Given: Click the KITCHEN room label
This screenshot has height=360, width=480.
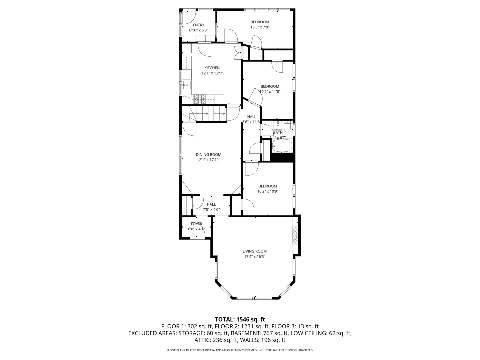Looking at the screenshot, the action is pos(212,68).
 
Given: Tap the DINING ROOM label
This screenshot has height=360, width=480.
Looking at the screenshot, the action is pos(208,155).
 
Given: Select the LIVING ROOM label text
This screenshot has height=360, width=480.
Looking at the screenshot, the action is pos(255,251).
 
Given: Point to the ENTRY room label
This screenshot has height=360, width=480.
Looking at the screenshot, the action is pos(199,25).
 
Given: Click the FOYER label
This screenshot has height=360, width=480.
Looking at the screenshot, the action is pos(196,224).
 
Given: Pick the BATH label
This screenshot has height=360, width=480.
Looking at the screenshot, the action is pos(278,132).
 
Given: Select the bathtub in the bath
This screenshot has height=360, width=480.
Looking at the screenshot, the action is pos(282,146).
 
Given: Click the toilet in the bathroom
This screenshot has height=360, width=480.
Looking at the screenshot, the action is pos(287,127).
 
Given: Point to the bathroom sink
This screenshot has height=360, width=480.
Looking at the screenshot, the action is pos(278,125).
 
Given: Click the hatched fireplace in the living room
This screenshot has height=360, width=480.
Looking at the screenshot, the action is pos(295,235).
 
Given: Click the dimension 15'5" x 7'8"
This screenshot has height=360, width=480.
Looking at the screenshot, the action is pos(260,27).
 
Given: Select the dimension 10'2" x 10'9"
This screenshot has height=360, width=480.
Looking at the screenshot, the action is pos(268,191).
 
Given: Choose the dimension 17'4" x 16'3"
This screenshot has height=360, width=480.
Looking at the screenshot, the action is pos(255,257).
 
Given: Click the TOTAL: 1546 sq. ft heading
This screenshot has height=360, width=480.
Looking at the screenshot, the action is pos(240,320).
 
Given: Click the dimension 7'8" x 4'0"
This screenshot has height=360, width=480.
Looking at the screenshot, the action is pos(211,210).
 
